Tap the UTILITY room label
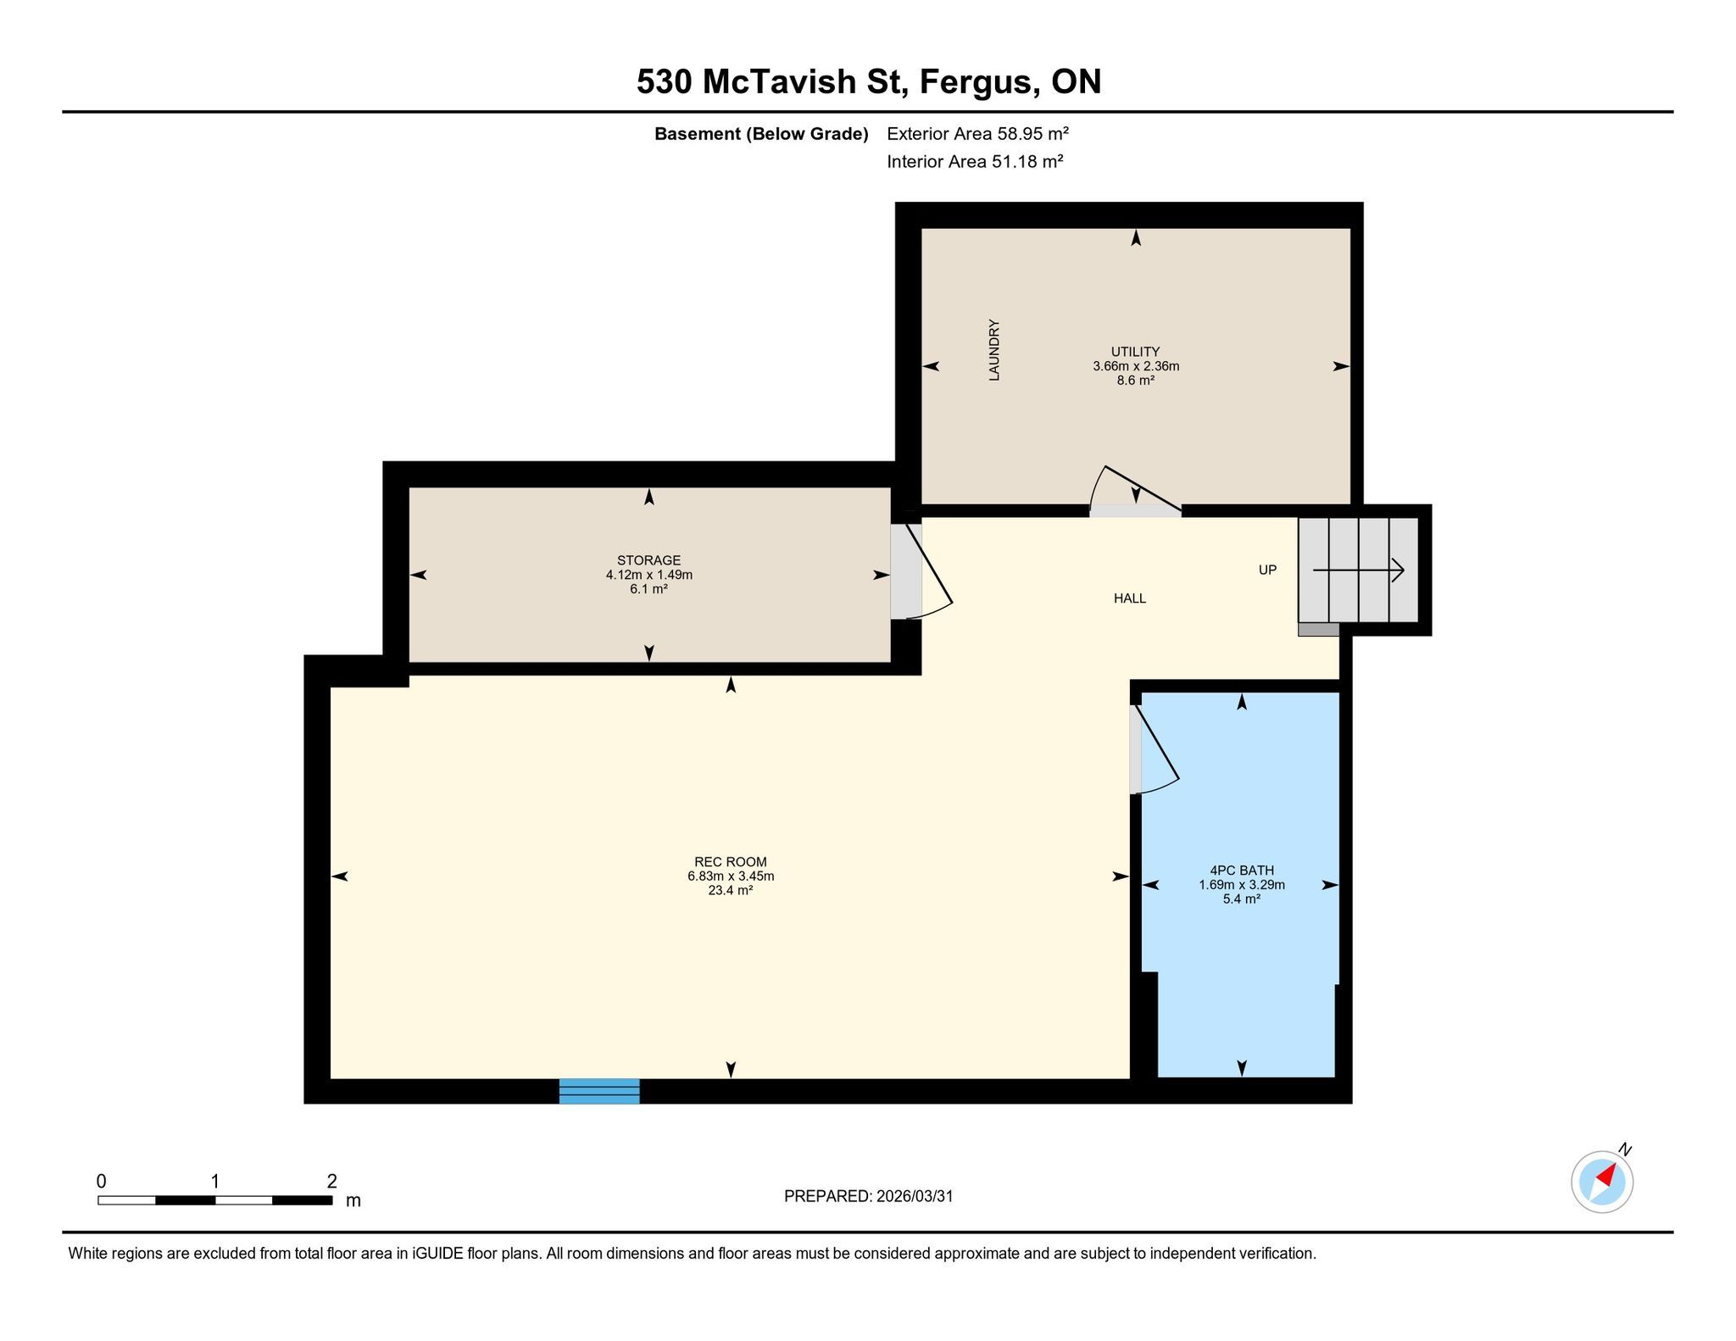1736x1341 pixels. click(x=1136, y=352)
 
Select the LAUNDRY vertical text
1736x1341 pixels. click(x=994, y=350)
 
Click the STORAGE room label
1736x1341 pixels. click(x=649, y=560)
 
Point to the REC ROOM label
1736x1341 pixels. click(x=731, y=862)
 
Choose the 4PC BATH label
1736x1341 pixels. click(x=1242, y=871)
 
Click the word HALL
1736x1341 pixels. click(x=1130, y=598)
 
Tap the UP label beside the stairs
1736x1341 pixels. click(x=1267, y=570)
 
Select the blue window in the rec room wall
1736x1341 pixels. click(x=599, y=1091)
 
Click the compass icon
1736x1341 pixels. click(x=1602, y=1181)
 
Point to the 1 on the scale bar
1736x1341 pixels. click(x=215, y=1181)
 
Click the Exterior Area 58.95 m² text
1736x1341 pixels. click(x=977, y=133)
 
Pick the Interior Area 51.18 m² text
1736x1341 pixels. click(x=975, y=161)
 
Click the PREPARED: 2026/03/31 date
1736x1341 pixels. click(x=869, y=1196)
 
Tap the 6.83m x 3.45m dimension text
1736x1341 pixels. click(x=731, y=876)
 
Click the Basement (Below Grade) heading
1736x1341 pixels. click(x=761, y=134)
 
